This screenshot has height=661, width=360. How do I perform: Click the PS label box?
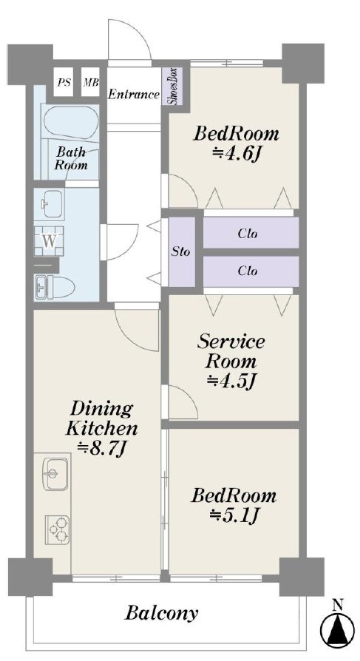pos(64,82)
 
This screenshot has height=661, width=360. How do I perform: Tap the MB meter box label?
pos(91,82)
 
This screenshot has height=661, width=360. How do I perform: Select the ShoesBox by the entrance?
pos(172,87)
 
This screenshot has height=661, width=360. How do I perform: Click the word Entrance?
pos(134,95)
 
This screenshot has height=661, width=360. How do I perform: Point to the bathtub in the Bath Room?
pos(71,120)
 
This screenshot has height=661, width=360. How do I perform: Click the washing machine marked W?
pos(49,241)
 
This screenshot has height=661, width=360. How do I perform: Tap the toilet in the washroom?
pos(54,288)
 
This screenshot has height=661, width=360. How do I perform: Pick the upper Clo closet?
pos(251,233)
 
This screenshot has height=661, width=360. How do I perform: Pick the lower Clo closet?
pos(251,271)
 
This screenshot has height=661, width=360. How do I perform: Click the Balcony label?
pos(161,614)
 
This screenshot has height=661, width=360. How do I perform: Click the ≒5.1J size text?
pos(234,515)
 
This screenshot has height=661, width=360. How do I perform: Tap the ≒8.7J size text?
pos(102,450)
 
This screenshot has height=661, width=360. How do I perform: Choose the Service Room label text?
pos(231,351)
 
